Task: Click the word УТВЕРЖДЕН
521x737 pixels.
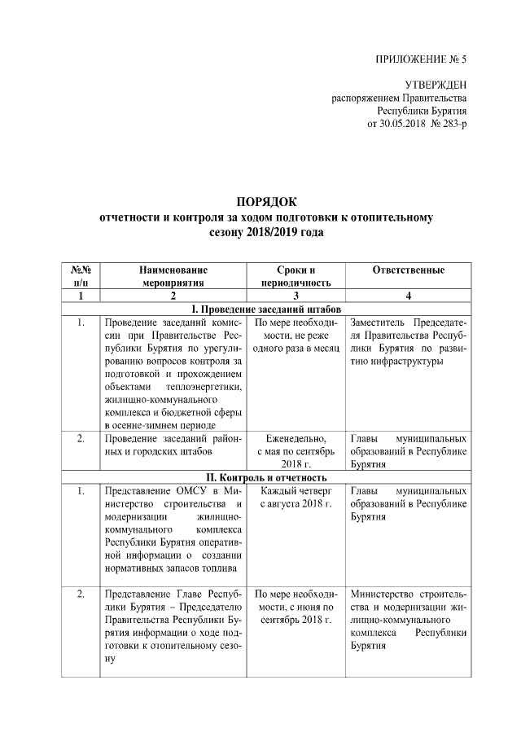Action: point(436,86)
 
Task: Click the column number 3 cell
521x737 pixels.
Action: point(295,296)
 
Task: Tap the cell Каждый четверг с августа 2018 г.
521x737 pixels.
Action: point(295,498)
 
